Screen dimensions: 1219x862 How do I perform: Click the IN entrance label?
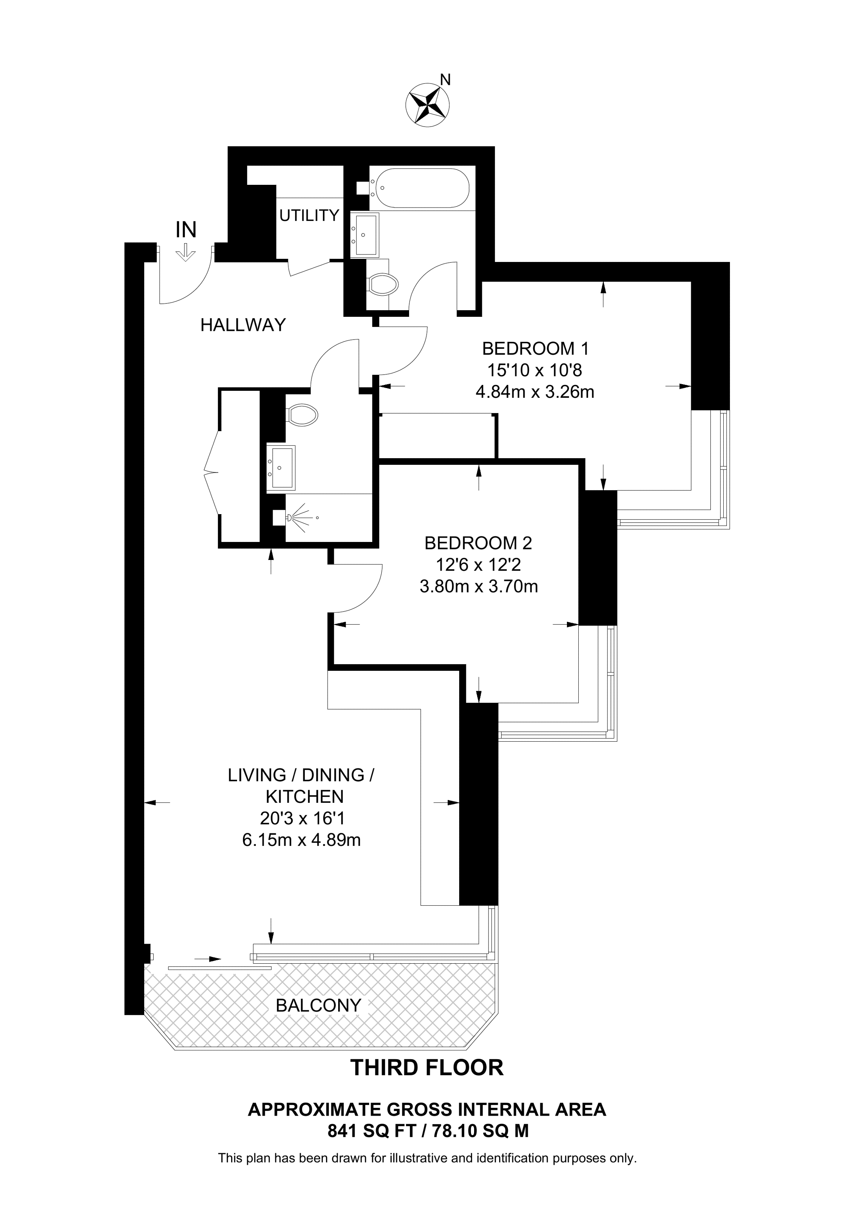tap(186, 230)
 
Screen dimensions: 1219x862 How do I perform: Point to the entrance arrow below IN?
tap(185, 252)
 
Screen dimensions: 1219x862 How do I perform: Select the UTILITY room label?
tap(309, 215)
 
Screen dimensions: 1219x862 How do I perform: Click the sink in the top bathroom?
tap(366, 234)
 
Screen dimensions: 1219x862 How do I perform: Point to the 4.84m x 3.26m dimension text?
tap(535, 392)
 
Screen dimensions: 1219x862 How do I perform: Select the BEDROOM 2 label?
tap(478, 543)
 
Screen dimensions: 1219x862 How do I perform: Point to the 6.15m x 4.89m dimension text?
tap(301, 840)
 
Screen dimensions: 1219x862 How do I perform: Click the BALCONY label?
tap(318, 1005)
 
